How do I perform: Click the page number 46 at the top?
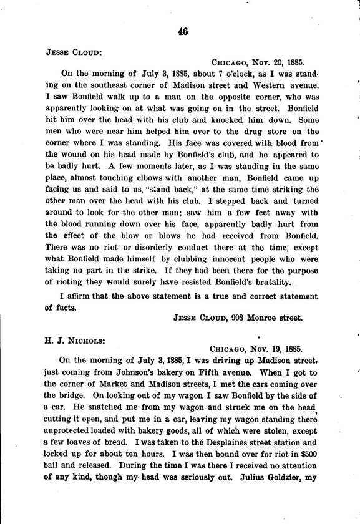click(182, 32)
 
